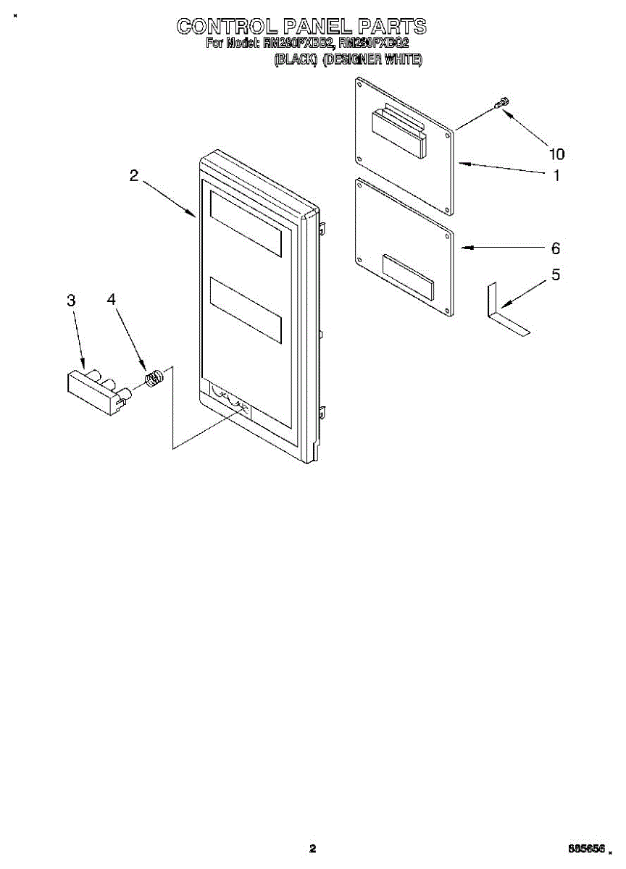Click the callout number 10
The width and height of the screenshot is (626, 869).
556,154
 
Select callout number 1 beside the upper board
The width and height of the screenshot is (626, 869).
556,175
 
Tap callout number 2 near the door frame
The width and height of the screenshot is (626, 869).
134,175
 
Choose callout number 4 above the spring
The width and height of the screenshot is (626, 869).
112,299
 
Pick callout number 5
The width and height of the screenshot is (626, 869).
556,275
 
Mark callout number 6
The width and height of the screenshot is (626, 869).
556,248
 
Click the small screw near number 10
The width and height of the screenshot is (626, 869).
500,105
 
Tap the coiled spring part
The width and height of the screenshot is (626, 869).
153,378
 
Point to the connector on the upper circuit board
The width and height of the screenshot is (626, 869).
398,130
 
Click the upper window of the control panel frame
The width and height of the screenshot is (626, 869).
245,222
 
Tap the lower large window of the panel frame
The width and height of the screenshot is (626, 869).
245,309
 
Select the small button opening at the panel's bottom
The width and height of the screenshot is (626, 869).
231,401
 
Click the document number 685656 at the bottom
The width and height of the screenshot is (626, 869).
587,848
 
